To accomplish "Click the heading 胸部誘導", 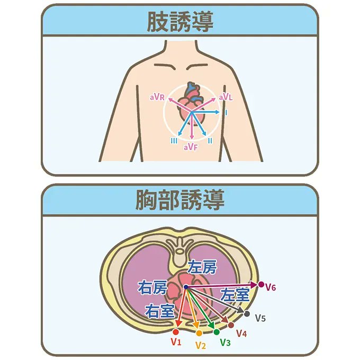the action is click(179, 200).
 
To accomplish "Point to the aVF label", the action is click(191, 147).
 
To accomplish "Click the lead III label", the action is click(174, 140).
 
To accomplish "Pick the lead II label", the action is click(210, 140).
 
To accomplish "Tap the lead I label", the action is click(226, 113).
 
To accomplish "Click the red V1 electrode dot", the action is click(176, 331).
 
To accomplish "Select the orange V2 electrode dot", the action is click(199, 333).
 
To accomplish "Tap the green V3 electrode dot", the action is click(217, 332).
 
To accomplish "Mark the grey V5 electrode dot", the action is click(247, 314).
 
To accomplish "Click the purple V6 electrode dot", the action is click(261, 285).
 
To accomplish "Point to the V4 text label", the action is click(241, 334).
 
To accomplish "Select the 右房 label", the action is click(152, 288).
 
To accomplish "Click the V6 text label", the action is click(271, 287).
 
